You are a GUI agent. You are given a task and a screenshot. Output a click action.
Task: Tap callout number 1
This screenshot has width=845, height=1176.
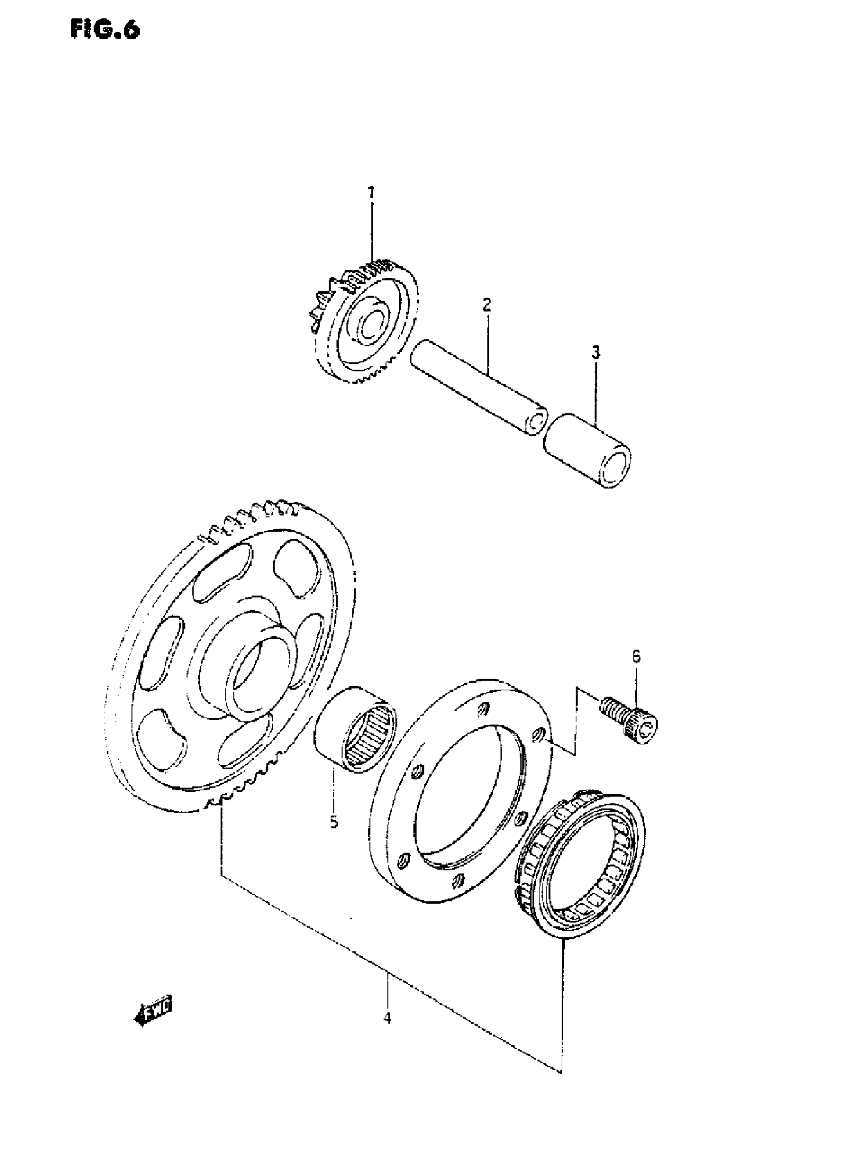(370, 193)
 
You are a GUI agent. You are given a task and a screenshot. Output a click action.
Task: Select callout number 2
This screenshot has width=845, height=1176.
(486, 305)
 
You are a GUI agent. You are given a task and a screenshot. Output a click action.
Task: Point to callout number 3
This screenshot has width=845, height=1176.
(595, 353)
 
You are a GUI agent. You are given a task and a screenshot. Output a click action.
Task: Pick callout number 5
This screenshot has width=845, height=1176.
(334, 822)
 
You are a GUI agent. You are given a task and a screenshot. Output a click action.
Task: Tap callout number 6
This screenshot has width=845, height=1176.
(636, 656)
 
